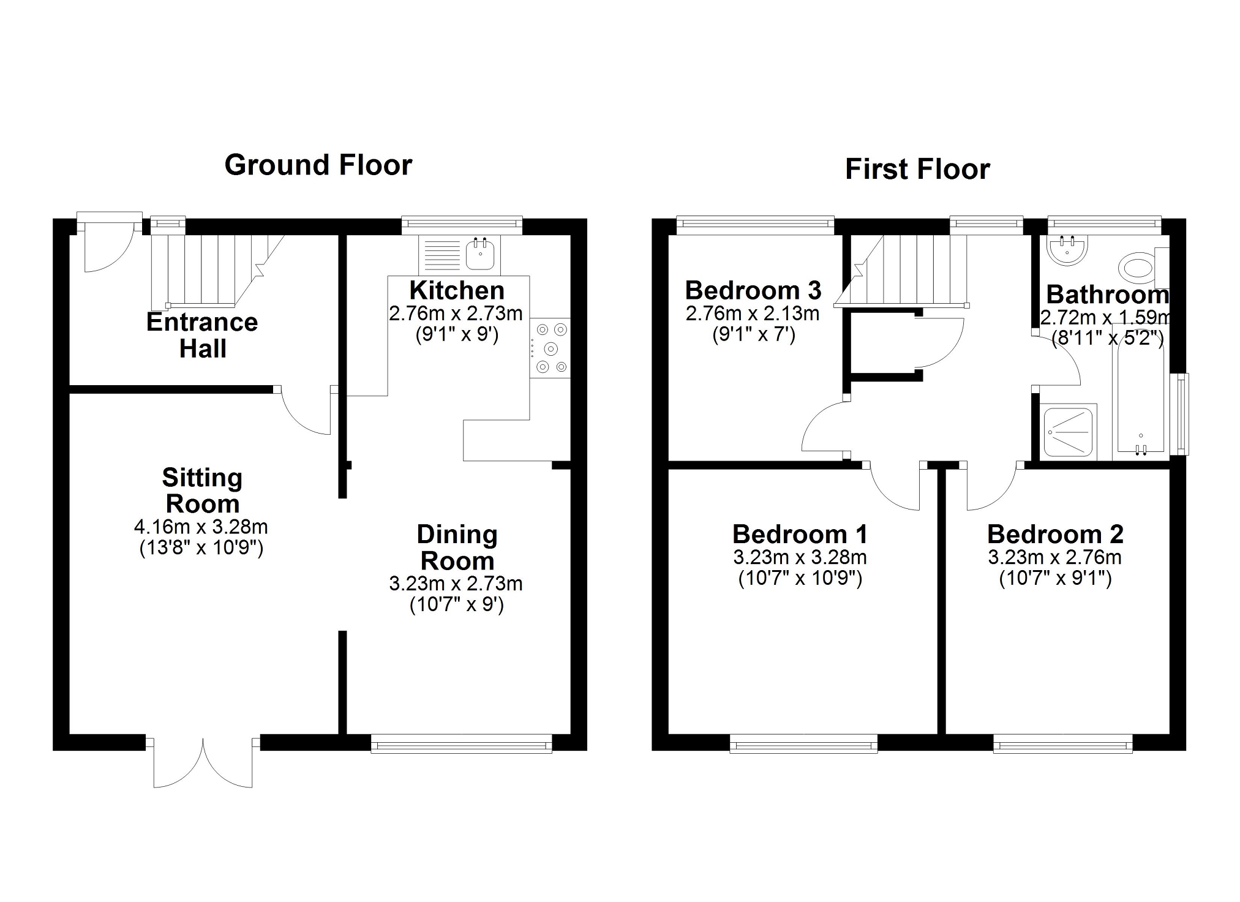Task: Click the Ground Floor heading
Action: [318, 165]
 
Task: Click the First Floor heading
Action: [917, 170]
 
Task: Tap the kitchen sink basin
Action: [481, 254]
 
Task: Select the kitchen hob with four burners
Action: [550, 348]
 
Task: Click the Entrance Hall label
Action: [202, 335]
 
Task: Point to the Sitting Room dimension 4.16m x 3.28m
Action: [201, 527]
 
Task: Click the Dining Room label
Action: [457, 547]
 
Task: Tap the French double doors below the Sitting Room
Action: [203, 762]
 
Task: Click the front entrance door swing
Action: [107, 248]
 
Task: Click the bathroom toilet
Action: [1140, 268]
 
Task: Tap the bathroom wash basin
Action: [1067, 250]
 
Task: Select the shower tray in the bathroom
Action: [1068, 432]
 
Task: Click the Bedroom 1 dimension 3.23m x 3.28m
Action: [800, 558]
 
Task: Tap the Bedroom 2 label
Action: [1054, 535]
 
